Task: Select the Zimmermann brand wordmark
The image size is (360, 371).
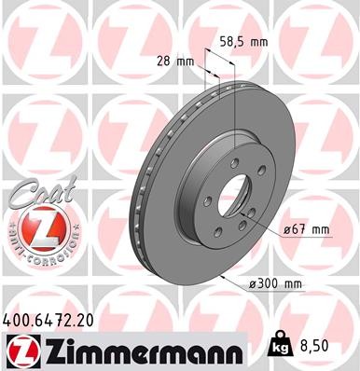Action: pos(140,350)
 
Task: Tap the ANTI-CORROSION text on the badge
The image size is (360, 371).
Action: pos(41,253)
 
